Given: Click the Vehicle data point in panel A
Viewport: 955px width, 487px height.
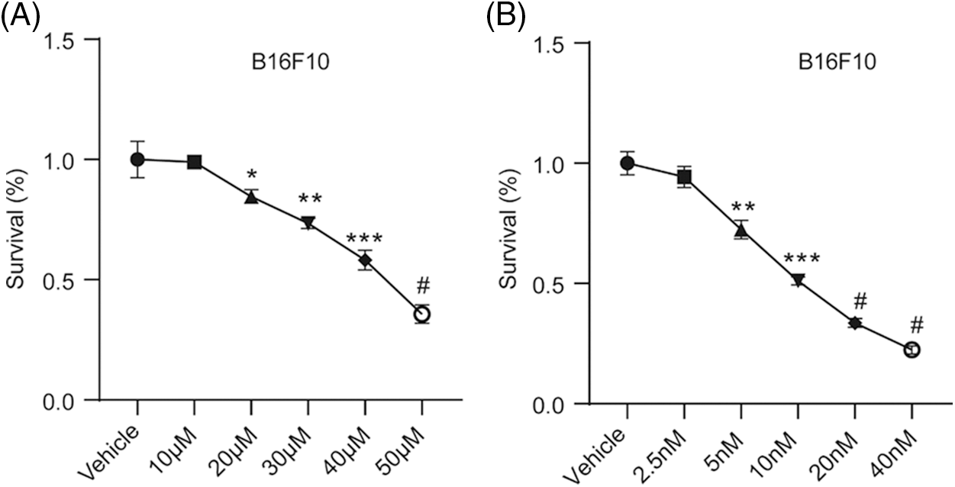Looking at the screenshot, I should (x=137, y=159).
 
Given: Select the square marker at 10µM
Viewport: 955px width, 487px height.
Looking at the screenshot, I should (x=195, y=162).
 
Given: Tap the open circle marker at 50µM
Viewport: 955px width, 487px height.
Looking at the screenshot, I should (x=421, y=314).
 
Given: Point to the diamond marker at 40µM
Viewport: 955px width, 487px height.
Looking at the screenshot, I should (x=365, y=260).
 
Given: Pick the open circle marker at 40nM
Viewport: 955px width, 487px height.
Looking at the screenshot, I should (x=911, y=350).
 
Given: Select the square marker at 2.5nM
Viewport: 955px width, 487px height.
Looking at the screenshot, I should (x=684, y=178).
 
